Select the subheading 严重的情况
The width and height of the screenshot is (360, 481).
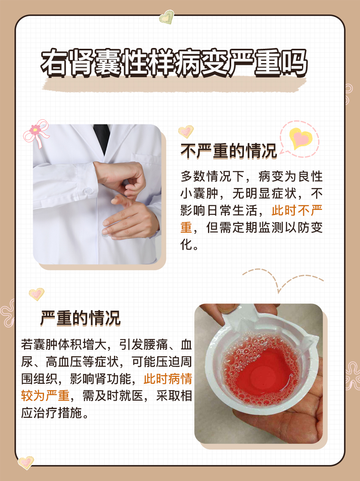click(80, 319)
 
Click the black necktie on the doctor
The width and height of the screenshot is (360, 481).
click(102, 138)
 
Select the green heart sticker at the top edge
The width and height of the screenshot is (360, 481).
click(166, 18)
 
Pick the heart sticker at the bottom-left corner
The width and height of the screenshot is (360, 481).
click(26, 462)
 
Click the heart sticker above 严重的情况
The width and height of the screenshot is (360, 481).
click(36, 294)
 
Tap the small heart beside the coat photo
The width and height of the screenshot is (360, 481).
click(186, 131)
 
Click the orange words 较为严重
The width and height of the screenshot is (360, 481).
click(45, 396)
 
